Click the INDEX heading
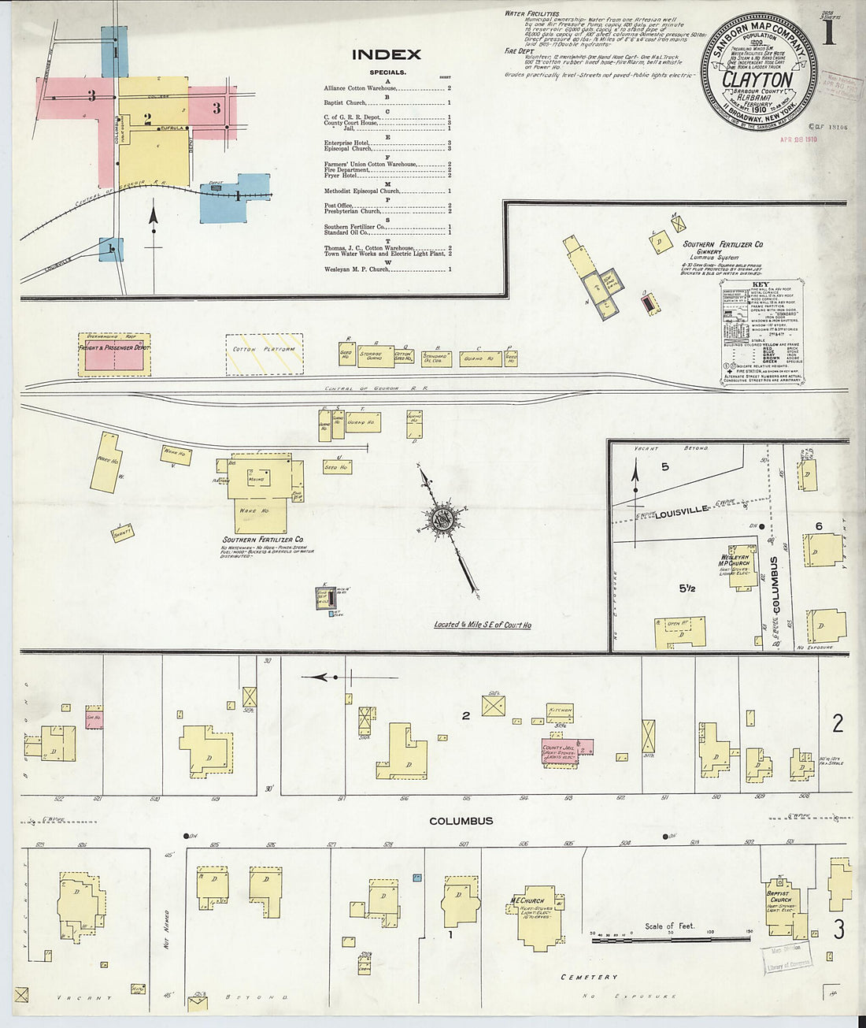386,55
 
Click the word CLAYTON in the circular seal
757,80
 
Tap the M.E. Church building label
527,900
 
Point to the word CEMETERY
588,977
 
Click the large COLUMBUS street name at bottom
461,821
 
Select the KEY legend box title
761,284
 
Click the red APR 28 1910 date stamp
798,139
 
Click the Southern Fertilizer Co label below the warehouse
262,540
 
